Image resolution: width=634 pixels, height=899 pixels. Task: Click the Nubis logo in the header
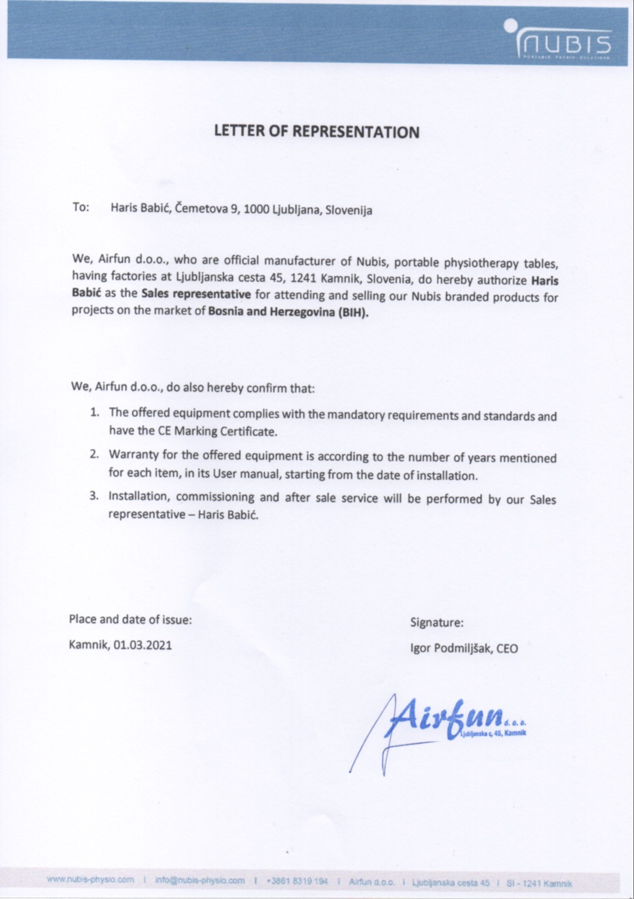563,40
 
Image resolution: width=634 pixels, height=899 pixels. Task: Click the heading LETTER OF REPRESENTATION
317,131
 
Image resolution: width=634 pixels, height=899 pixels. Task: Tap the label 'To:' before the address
80,207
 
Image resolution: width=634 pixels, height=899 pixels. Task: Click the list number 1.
96,412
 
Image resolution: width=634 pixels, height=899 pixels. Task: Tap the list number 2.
95,454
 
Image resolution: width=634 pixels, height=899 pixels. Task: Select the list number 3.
95,496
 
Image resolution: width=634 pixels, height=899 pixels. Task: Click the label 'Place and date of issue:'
131,619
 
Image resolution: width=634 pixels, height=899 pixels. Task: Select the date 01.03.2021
143,645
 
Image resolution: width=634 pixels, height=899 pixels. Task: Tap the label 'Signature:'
437,623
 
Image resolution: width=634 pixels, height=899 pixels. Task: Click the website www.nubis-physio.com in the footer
91,880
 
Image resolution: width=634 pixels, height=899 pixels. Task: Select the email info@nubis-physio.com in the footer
200,880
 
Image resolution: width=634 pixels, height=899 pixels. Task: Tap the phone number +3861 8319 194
296,881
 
